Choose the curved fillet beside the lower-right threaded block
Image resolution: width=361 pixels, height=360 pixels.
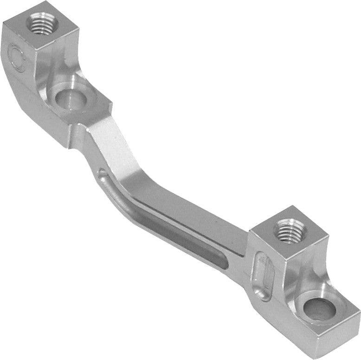(x=302, y=274)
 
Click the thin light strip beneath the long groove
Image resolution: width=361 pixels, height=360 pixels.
(x=186, y=241)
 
